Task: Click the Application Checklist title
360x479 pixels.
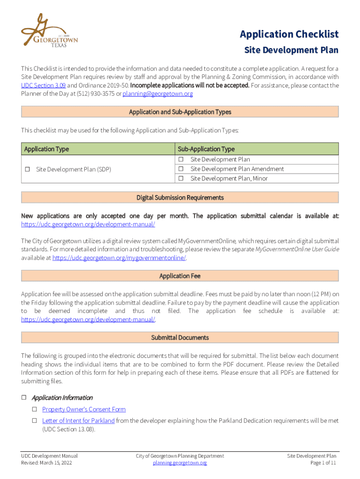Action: (289, 34)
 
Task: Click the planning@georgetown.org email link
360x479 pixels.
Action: (158, 94)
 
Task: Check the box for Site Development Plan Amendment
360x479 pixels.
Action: (180, 169)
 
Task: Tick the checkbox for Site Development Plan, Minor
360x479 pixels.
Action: (180, 178)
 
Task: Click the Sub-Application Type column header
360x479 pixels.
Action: (206, 149)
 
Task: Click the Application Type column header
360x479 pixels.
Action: (46, 149)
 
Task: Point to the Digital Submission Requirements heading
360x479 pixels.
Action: (180, 198)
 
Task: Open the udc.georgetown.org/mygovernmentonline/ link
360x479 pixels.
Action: (119, 258)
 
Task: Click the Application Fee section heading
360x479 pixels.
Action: (180, 276)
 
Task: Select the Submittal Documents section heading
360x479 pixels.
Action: (180, 337)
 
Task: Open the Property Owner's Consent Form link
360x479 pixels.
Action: (84, 409)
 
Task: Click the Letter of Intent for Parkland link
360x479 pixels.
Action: (78, 421)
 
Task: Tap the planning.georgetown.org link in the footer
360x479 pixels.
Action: (180, 463)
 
